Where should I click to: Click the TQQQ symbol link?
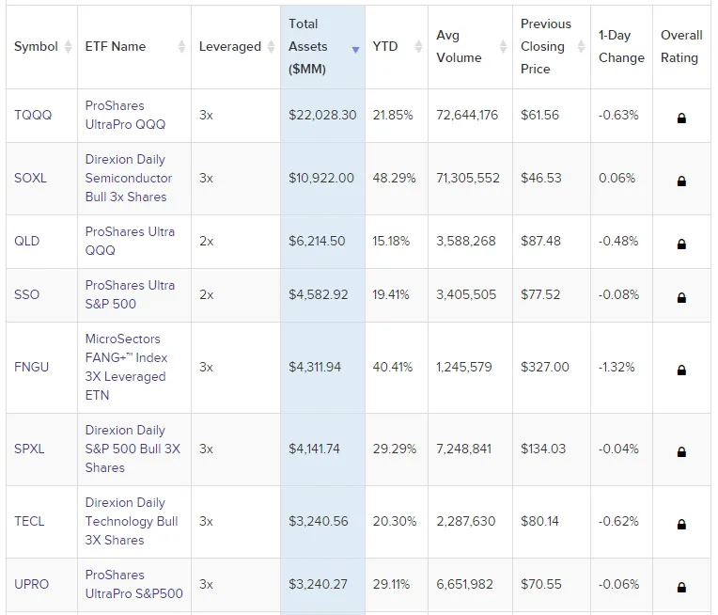(x=33, y=115)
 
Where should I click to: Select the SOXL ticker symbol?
(x=30, y=178)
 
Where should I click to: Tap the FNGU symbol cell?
(x=31, y=367)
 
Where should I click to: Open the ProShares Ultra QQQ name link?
(x=130, y=241)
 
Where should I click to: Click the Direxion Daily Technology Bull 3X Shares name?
(x=131, y=521)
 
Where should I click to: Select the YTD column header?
(x=385, y=46)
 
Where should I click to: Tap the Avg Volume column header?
(x=459, y=46)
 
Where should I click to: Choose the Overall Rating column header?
(x=680, y=46)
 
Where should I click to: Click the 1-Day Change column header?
(x=621, y=46)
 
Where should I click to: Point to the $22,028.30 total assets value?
(x=322, y=115)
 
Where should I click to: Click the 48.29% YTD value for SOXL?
(x=393, y=178)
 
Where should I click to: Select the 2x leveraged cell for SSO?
(x=207, y=294)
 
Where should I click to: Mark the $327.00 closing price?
(x=545, y=367)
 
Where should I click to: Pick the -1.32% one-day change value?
(x=617, y=367)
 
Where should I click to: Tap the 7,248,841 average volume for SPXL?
(x=465, y=449)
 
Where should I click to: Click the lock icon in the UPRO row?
(x=681, y=585)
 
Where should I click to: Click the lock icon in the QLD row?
(x=681, y=244)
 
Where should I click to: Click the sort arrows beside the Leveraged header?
(x=270, y=47)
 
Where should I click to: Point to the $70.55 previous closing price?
(x=540, y=584)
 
